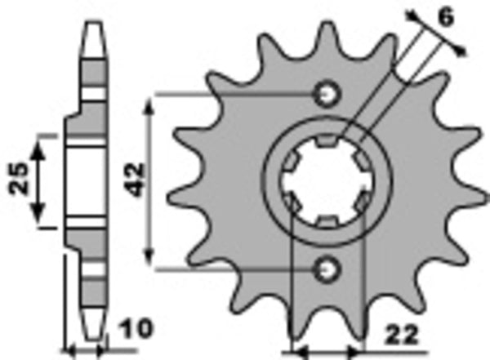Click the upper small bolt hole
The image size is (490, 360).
click(329, 94)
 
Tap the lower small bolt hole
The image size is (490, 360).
click(329, 267)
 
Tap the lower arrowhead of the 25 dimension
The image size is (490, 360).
click(38, 216)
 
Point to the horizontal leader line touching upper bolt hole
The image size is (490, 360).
click(237, 94)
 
